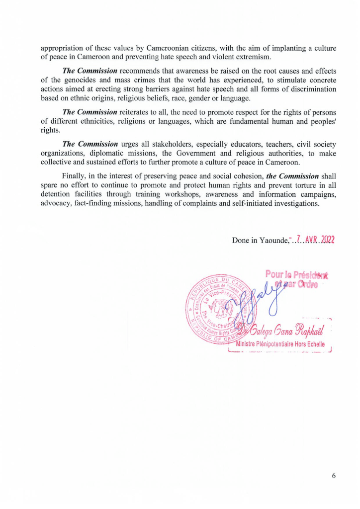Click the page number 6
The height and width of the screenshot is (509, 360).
click(x=334, y=476)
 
